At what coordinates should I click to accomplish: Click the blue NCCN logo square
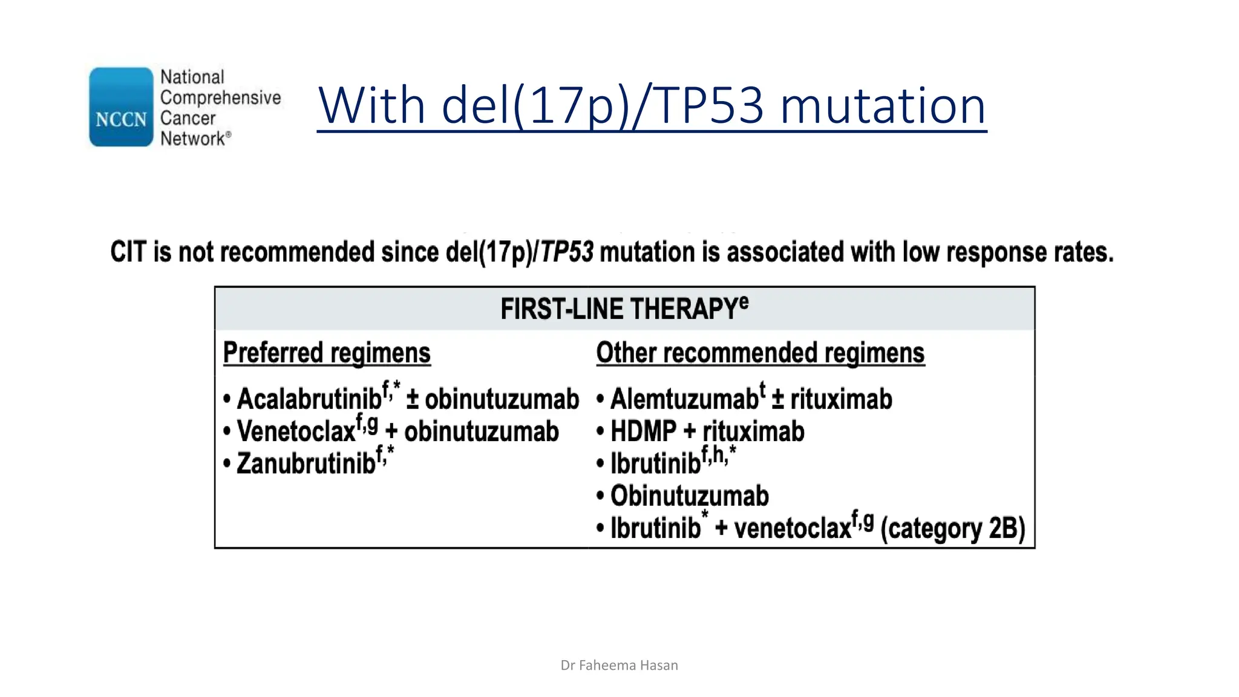(121, 107)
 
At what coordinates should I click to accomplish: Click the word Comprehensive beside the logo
(220, 97)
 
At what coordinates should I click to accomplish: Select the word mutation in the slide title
(883, 106)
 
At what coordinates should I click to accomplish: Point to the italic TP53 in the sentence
(566, 252)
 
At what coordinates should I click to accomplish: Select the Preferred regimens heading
(327, 353)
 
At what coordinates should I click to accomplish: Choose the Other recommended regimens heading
(760, 353)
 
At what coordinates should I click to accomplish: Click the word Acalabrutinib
(309, 399)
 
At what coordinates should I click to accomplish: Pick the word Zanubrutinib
(306, 464)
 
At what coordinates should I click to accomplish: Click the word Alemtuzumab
(684, 399)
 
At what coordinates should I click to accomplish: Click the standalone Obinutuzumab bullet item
(689, 496)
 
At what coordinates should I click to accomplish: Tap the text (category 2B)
(953, 528)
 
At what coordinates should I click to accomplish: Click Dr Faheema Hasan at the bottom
(619, 666)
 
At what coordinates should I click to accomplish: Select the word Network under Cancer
(192, 139)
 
